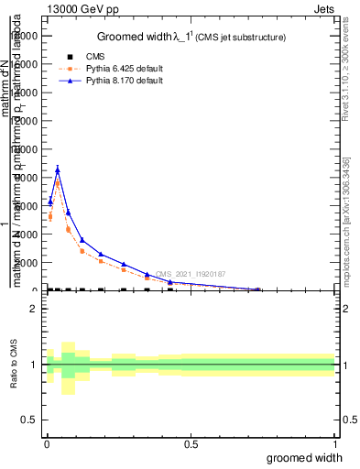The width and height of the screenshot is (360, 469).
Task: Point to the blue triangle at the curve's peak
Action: (58, 169)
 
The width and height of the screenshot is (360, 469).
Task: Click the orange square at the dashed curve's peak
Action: (58, 183)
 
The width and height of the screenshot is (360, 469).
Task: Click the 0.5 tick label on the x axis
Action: (191, 445)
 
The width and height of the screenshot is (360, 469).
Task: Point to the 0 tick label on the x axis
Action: (47, 445)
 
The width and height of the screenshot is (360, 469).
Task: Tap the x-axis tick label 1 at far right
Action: (335, 445)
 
